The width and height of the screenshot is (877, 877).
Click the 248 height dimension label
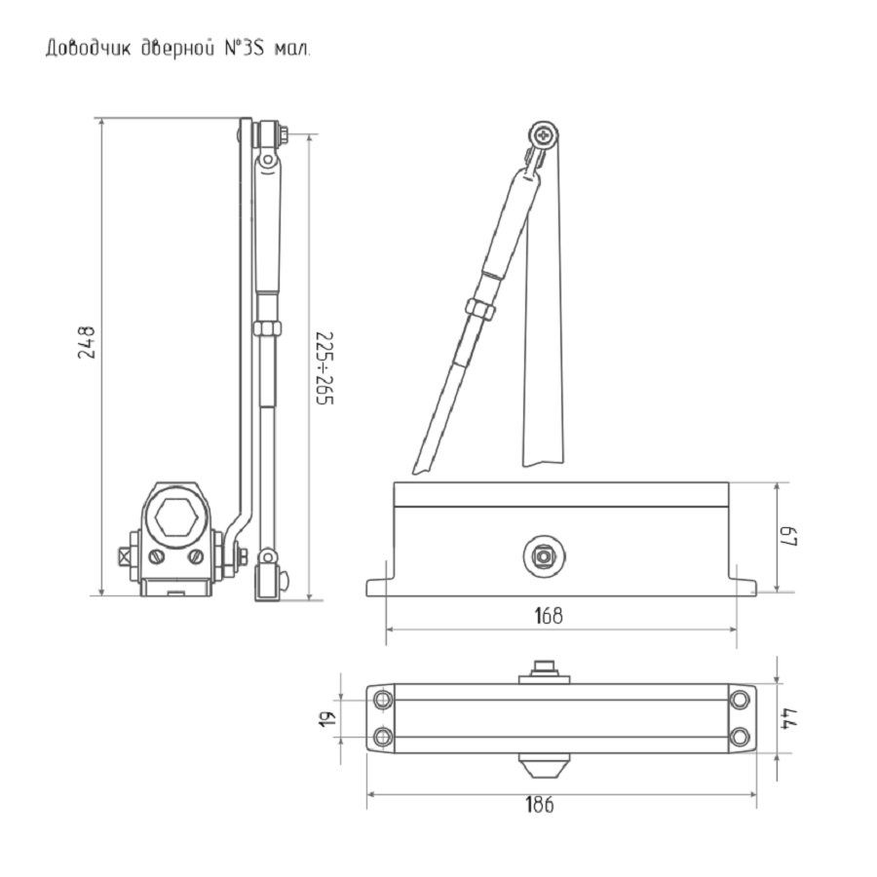[87, 343]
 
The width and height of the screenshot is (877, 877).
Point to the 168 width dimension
[549, 616]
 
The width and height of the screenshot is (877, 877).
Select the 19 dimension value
[327, 718]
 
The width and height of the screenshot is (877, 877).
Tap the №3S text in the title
[243, 49]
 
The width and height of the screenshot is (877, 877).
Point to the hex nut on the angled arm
[480, 309]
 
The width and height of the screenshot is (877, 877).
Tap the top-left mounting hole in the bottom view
[383, 701]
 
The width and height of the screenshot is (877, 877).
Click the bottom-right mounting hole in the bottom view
[741, 737]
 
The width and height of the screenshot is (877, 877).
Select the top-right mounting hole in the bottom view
[741, 701]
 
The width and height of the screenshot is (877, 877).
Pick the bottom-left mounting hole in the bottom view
[383, 737]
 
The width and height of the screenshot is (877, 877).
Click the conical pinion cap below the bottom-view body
[542, 766]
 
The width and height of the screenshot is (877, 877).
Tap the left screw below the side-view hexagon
[156, 557]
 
